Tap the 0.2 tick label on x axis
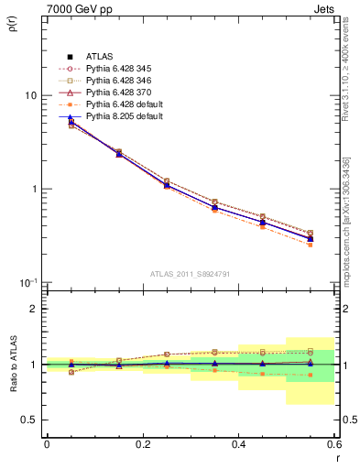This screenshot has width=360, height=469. (142, 444)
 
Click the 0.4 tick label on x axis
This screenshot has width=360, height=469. (238, 444)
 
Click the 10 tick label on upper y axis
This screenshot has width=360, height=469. (30, 96)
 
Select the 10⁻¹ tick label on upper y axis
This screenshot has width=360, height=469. (28, 281)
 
